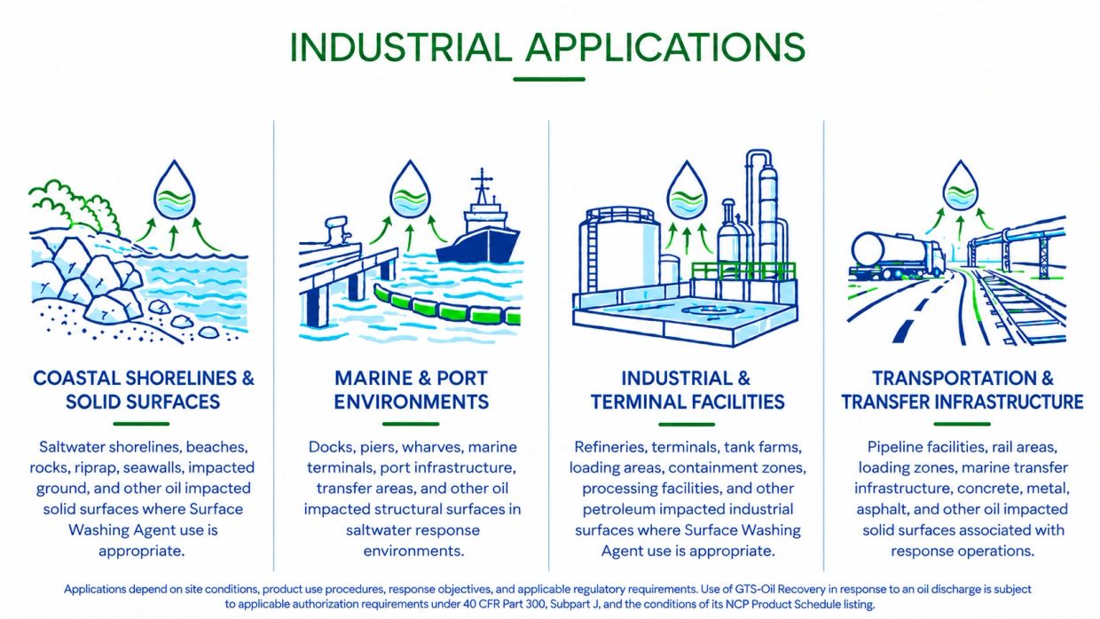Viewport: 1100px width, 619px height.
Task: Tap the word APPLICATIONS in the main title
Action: click(665, 47)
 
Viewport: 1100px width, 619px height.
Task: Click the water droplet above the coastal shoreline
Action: click(175, 190)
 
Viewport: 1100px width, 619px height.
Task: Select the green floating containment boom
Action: click(447, 307)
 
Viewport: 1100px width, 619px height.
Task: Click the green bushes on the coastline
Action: click(75, 206)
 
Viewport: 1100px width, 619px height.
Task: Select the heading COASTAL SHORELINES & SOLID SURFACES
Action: click(143, 390)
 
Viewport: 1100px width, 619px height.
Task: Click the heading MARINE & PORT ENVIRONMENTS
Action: click(412, 390)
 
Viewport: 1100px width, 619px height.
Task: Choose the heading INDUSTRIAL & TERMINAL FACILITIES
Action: click(687, 390)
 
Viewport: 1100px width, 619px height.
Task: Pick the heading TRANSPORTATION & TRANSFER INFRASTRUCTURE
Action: click(962, 390)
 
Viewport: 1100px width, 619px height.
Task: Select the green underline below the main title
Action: click(549, 79)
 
